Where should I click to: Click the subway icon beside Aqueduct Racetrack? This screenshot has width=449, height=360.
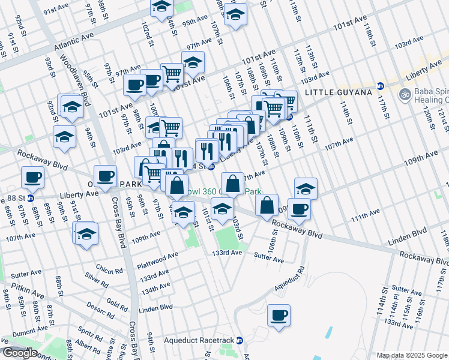(x=240, y=340)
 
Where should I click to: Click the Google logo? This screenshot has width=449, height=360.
(x=20, y=353)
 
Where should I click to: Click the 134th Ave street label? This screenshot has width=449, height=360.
(x=155, y=288)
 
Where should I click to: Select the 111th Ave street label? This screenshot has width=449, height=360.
(x=366, y=214)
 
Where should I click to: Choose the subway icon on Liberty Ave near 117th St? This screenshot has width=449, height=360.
(x=380, y=86)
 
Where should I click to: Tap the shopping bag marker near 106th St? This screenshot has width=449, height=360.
(x=267, y=205)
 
